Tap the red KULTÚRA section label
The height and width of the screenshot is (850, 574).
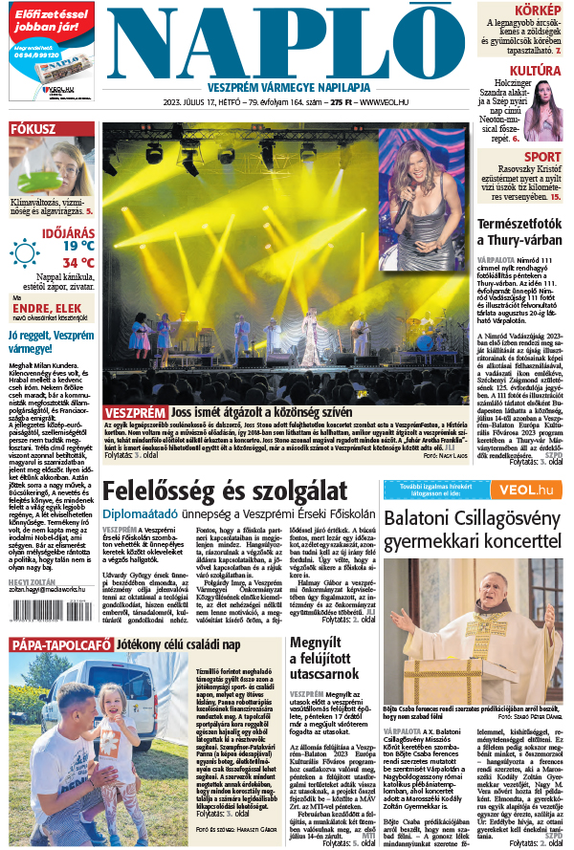(534, 71)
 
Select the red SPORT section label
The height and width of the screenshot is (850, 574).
(542, 157)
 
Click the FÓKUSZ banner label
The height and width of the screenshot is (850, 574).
(33, 128)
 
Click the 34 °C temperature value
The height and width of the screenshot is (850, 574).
(78, 262)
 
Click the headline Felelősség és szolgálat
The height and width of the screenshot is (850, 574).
(225, 491)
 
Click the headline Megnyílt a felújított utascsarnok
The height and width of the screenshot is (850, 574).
(325, 656)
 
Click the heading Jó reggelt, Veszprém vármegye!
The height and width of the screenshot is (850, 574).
(50, 342)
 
